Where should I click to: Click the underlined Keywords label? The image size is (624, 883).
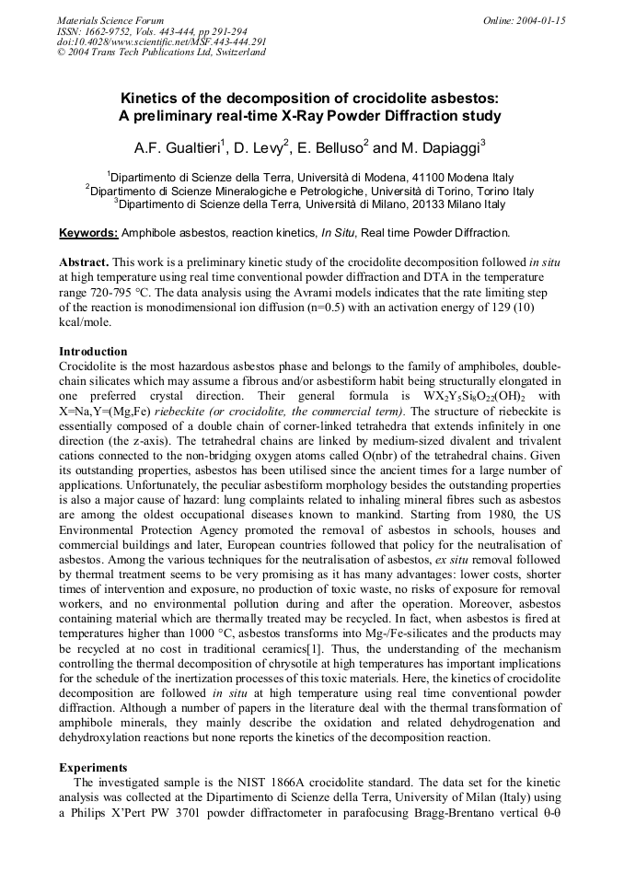pos(88,233)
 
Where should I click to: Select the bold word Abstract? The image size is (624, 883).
pos(83,262)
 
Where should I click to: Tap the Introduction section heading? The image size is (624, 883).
pos(93,352)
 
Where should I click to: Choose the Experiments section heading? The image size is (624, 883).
pos(93,767)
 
